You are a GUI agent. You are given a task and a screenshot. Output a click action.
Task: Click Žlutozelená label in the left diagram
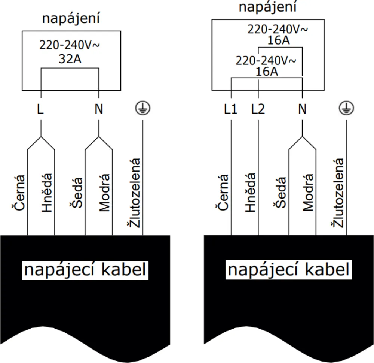(134, 193)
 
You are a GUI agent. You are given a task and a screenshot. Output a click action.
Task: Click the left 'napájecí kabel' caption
(85, 270)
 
